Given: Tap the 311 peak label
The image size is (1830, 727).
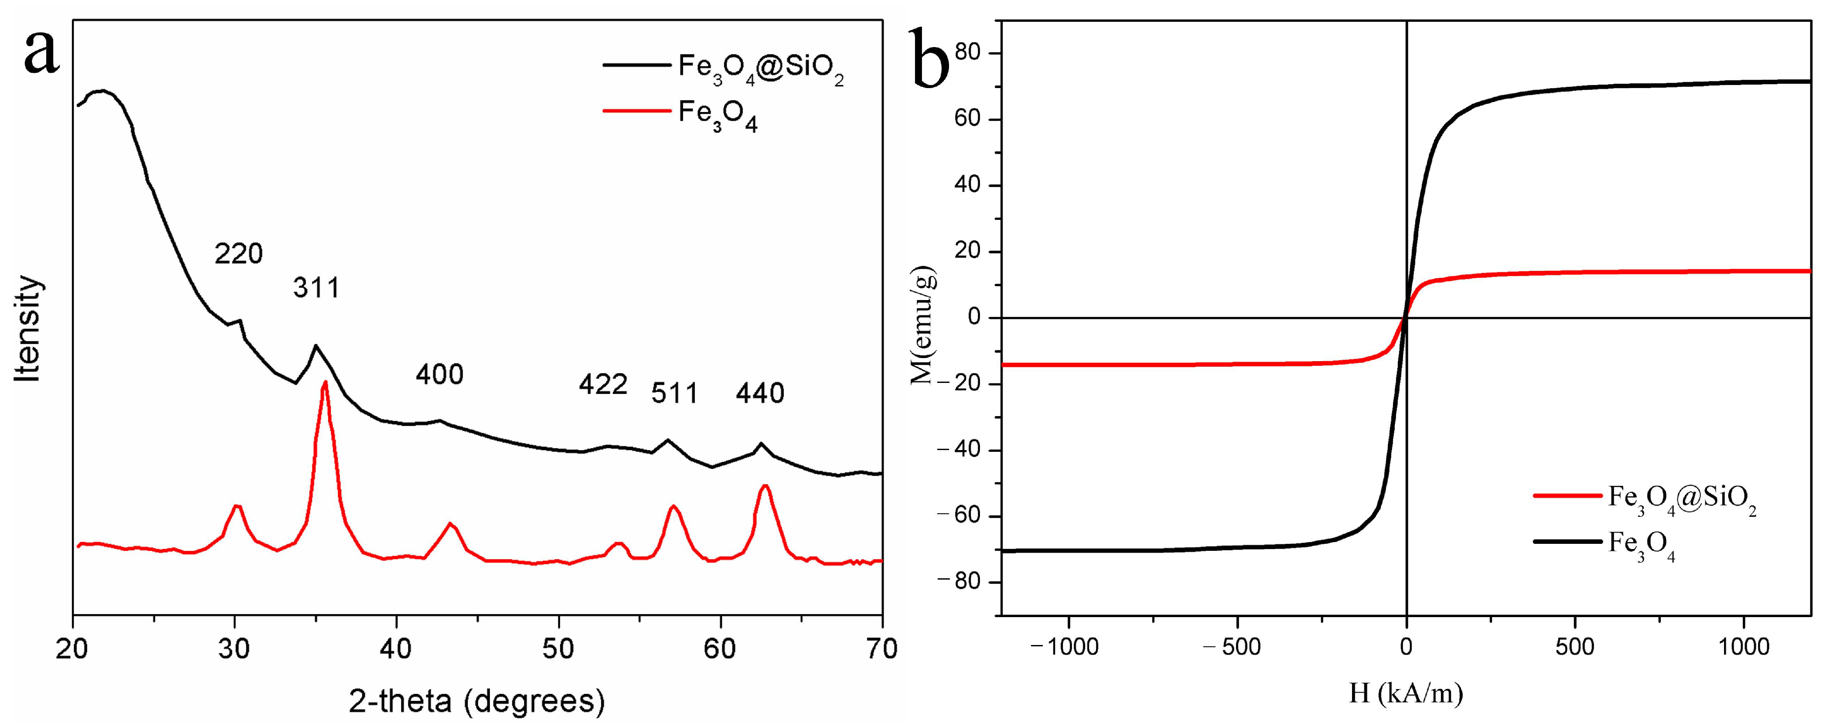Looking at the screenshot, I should (x=317, y=288).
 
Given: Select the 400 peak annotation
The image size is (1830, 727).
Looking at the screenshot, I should (x=440, y=375).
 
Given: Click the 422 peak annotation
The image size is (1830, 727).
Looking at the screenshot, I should (x=603, y=385).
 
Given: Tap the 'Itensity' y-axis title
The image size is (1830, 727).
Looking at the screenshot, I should (x=28, y=328).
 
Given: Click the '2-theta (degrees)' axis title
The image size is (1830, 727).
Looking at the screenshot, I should (x=477, y=701).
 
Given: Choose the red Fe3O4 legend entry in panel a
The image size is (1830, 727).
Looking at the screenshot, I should (x=717, y=115).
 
